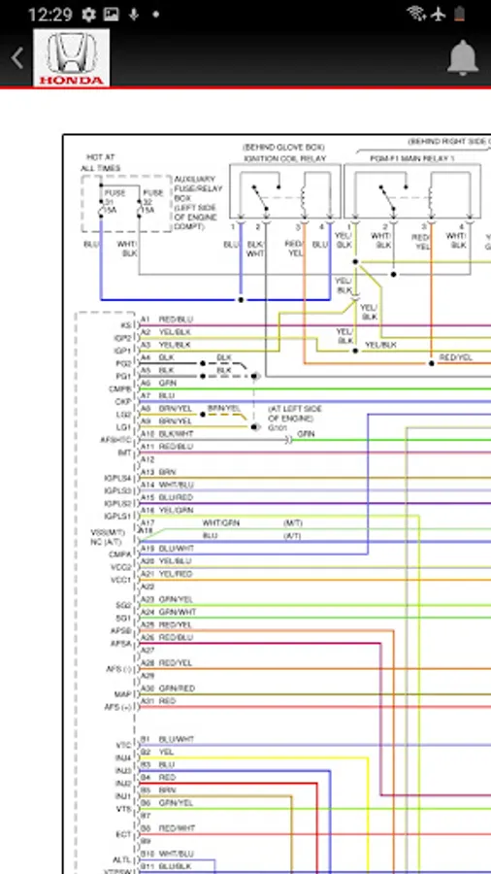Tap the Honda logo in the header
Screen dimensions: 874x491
pos(73,58)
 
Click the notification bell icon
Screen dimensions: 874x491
pos(463,59)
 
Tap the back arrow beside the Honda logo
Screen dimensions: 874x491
pos(17,58)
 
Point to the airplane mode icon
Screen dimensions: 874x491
pos(441,15)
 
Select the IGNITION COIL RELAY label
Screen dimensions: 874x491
pos(284,157)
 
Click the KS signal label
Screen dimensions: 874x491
pos(126,325)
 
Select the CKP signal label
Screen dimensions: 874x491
pos(124,400)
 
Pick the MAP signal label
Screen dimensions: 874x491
pos(123,693)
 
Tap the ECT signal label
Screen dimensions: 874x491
pos(123,834)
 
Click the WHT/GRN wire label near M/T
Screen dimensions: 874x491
pos(221,522)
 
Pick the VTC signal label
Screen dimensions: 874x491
pos(123,745)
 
